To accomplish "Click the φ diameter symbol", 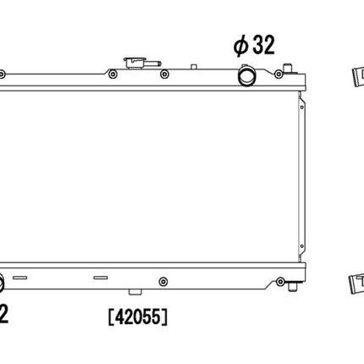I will point(240,47).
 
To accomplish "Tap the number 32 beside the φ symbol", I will point(263,47).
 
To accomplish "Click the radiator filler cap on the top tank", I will point(135,63).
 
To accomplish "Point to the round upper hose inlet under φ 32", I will point(247,76).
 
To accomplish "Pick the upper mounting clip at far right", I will point(355,78).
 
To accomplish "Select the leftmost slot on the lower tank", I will point(23,277).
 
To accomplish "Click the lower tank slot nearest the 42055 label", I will point(99,277).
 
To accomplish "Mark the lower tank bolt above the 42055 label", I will point(163,281).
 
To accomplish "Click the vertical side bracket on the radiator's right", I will point(300,178).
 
